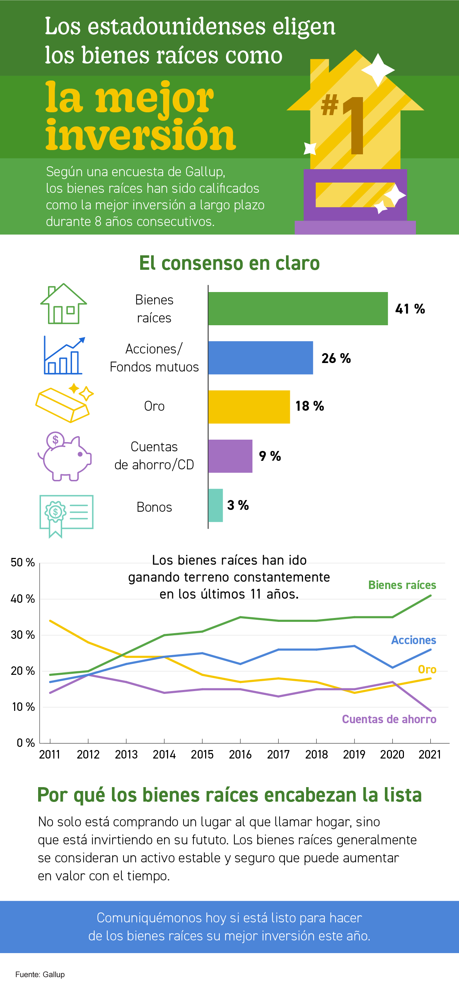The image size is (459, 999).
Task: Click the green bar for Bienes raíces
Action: [x=298, y=308]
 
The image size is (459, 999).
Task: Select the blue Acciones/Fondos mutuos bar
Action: [x=261, y=358]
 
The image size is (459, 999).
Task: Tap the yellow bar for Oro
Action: [x=249, y=406]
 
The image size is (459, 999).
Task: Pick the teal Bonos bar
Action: [x=215, y=505]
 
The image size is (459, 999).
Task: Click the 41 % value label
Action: [x=410, y=309]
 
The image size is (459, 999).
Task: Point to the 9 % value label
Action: [x=270, y=456]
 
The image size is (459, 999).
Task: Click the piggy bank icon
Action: [x=64, y=457]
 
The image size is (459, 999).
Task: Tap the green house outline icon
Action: [x=64, y=304]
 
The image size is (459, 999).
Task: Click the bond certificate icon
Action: [x=66, y=515]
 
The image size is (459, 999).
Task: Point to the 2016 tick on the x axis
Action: [x=240, y=754]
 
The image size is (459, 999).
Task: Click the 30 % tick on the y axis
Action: [x=23, y=635]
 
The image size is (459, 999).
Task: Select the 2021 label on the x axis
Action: [x=430, y=754]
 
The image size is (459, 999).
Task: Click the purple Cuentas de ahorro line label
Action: [x=389, y=719]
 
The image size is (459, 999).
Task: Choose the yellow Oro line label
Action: [x=427, y=670]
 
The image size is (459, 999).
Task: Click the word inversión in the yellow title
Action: [x=140, y=135]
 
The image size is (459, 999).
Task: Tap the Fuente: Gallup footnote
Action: [x=40, y=975]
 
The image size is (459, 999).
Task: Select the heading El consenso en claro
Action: [x=229, y=263]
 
